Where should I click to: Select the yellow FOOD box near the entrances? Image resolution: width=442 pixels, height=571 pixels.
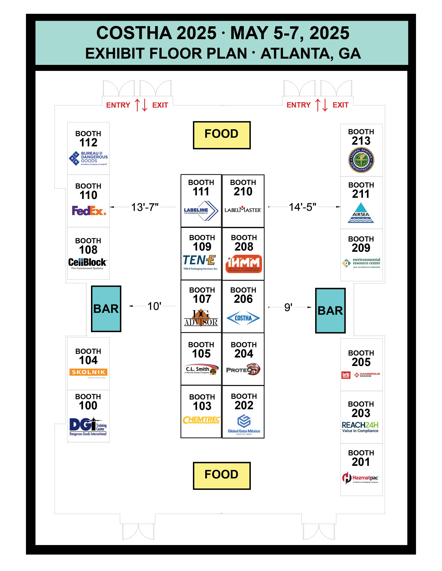point(222,135)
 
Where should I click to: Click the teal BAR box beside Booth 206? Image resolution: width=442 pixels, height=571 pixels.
point(330,311)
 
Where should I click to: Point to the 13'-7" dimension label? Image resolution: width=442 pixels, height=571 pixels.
point(145,207)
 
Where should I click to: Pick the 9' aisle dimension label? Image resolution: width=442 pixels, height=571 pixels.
point(288,307)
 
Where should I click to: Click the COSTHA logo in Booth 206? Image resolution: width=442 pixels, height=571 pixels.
point(243,318)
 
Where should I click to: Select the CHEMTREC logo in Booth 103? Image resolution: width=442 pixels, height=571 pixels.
point(201,420)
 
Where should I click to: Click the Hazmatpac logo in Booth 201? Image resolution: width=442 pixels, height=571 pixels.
point(361,478)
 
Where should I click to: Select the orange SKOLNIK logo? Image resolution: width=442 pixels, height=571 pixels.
point(89,372)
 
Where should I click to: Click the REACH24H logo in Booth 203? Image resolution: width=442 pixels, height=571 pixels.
point(360,427)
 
